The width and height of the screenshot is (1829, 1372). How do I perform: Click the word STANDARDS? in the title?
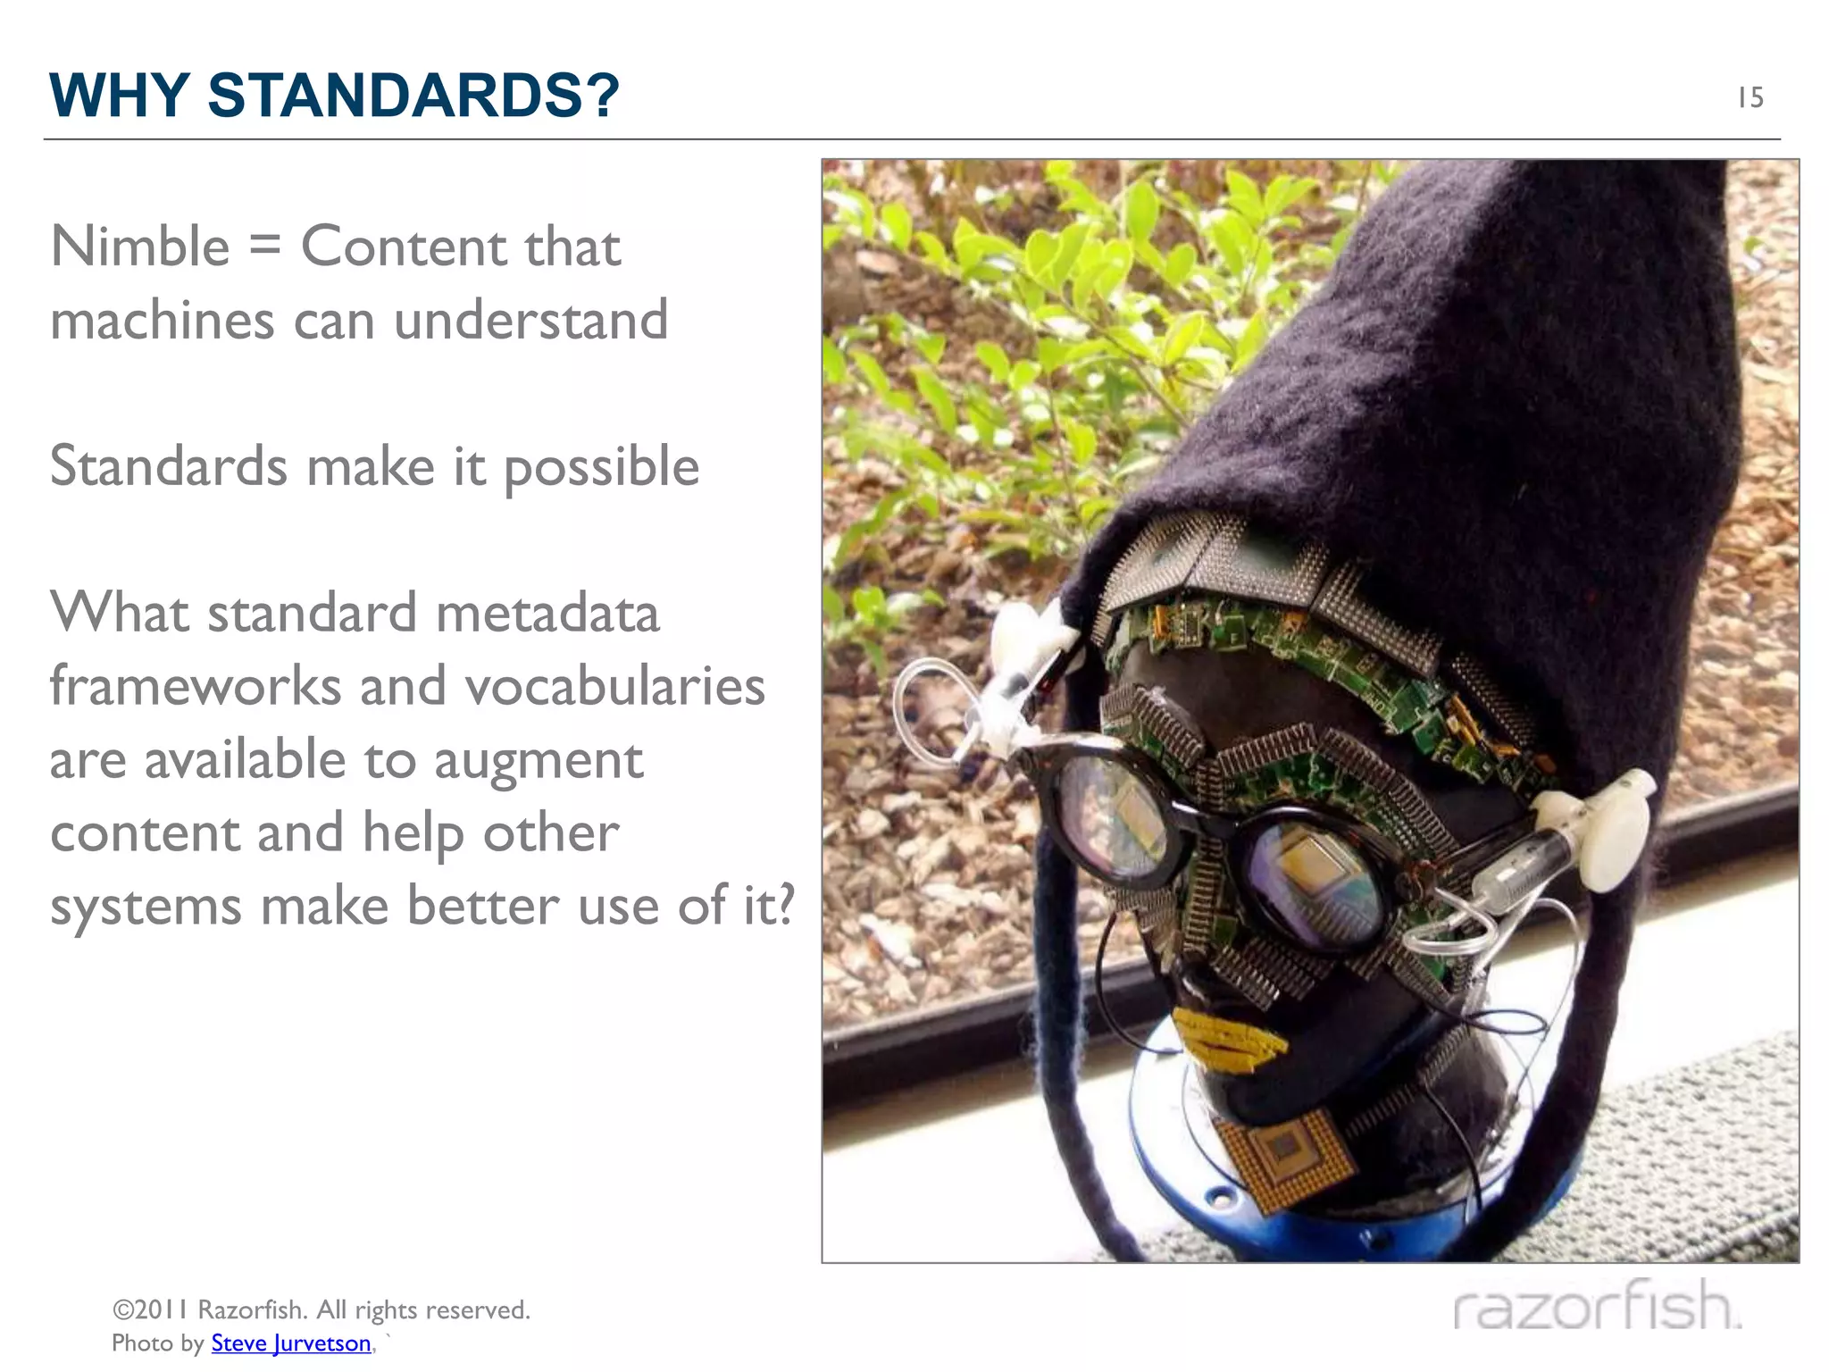pos(413,95)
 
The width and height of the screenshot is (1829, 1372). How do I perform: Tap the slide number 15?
pos(1750,97)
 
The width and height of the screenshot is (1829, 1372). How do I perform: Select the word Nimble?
pos(140,247)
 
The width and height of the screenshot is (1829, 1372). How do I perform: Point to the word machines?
pos(162,321)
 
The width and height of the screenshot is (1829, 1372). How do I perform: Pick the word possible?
pos(601,467)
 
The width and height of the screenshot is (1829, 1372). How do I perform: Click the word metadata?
pos(547,614)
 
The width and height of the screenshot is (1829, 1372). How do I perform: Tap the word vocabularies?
pos(614,686)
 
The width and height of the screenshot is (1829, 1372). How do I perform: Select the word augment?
pos(539,761)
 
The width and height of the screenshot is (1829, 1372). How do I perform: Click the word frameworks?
pos(196,686)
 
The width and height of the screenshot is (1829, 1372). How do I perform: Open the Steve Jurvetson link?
pos(291,1343)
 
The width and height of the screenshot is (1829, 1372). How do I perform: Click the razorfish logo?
pos(1597,1306)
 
